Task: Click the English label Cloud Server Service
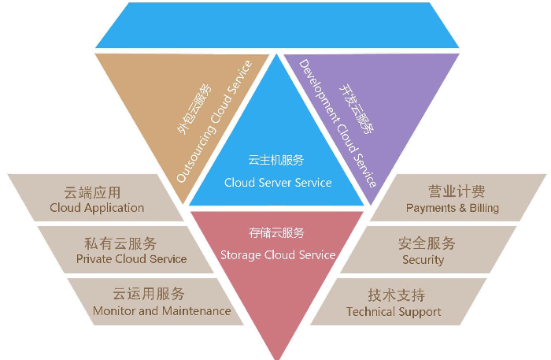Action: pos(278,183)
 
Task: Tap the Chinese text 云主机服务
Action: pos(275,160)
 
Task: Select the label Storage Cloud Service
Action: pos(278,254)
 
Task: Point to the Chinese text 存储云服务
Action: pos(276,232)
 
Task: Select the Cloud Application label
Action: pos(97,208)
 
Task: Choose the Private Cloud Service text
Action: pos(131,258)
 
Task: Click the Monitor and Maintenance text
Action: pos(162,310)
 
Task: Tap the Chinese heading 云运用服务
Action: pos(149,294)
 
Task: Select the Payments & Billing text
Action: pos(453,208)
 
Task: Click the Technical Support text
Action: pos(394,311)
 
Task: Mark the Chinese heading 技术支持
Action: pos(396,295)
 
